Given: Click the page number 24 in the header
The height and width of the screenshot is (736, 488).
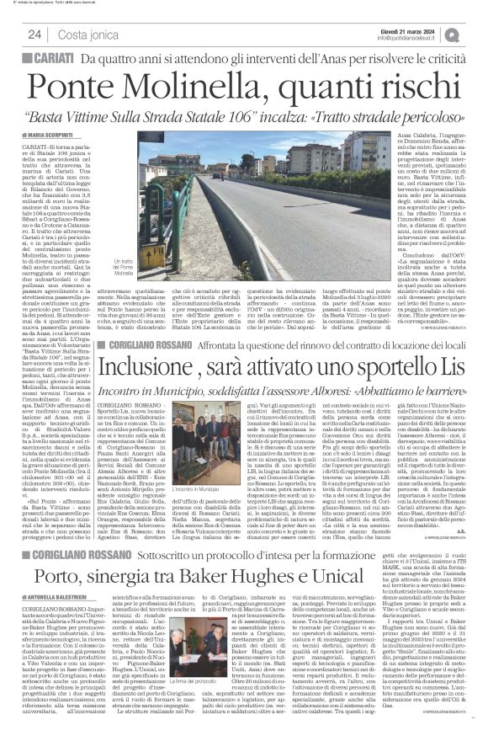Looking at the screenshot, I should point(34,34).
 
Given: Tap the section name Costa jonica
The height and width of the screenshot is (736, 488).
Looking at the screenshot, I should point(87,34).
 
